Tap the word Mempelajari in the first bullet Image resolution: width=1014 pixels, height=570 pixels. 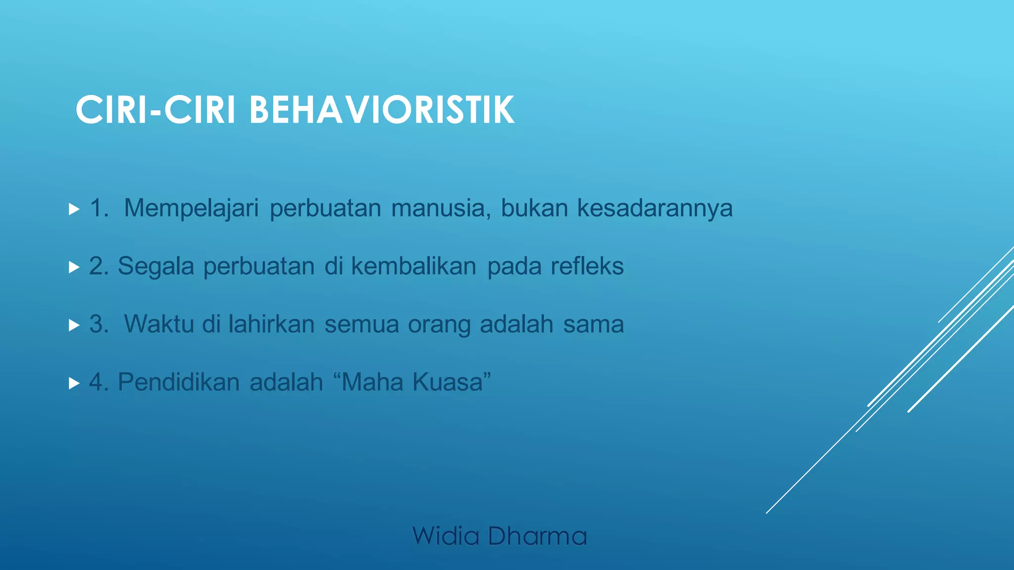(x=191, y=208)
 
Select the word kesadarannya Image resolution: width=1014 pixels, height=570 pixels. (x=655, y=208)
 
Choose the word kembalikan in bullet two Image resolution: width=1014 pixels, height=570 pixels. (x=413, y=266)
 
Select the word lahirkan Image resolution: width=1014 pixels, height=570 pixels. (x=271, y=324)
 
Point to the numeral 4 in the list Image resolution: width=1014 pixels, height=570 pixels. (x=96, y=382)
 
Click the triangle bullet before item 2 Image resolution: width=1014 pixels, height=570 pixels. (x=74, y=268)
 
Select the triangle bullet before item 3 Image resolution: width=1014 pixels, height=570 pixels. (x=74, y=326)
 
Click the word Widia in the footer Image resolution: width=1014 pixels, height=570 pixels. (x=446, y=536)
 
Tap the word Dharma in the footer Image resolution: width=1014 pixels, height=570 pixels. (x=537, y=536)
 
